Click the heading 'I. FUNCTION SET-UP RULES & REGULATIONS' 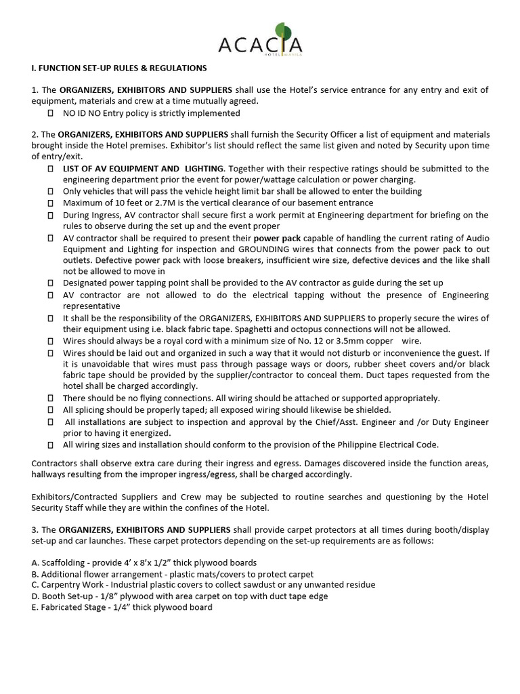(x=119, y=68)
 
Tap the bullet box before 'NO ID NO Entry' (x=51, y=113)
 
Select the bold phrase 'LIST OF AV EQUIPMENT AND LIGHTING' (x=143, y=168)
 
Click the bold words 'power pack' (x=276, y=239)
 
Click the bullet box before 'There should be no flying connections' (x=51, y=399)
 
